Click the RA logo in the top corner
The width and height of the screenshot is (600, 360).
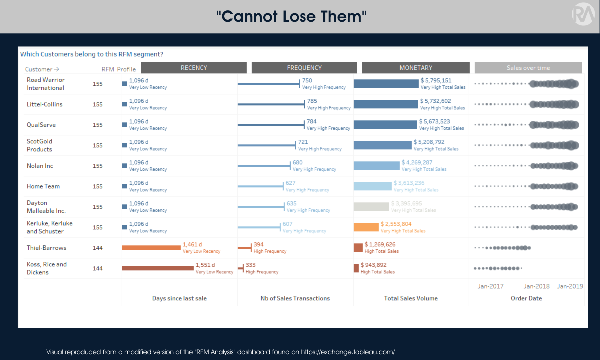(x=581, y=14)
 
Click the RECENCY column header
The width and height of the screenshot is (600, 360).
(x=194, y=68)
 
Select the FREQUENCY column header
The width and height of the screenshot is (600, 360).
(x=304, y=68)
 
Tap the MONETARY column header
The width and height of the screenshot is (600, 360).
(x=416, y=68)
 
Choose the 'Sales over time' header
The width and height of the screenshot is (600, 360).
(x=528, y=68)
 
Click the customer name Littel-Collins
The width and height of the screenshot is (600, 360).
(x=45, y=104)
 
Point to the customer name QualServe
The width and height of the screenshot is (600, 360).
(x=41, y=125)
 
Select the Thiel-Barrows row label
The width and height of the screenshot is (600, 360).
(x=46, y=248)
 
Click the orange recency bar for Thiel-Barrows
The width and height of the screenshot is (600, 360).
(x=151, y=248)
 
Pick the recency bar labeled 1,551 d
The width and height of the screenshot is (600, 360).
(x=158, y=268)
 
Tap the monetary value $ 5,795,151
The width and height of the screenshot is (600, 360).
(x=436, y=80)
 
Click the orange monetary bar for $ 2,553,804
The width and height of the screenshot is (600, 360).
(x=366, y=227)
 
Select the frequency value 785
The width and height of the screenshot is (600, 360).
(x=313, y=101)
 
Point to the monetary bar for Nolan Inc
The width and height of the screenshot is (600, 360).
(x=376, y=166)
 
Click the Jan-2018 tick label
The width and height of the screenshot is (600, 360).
(x=536, y=286)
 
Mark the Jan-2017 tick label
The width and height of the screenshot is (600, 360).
(x=491, y=286)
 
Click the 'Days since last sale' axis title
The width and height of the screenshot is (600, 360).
(x=179, y=298)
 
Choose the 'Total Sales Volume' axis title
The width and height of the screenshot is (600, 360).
(x=411, y=298)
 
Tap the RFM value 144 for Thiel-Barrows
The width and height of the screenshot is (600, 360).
(x=98, y=248)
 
